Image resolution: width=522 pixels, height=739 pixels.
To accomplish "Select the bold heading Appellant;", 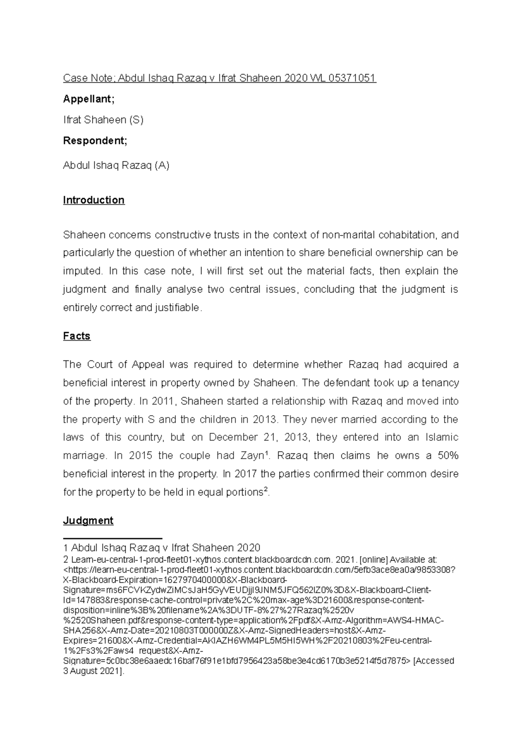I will tap(89, 99).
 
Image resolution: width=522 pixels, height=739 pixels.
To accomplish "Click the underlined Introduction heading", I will tap(94, 200).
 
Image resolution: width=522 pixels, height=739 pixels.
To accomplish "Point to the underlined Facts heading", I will tap(77, 336).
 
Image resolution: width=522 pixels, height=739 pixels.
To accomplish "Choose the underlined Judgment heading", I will tap(88, 521).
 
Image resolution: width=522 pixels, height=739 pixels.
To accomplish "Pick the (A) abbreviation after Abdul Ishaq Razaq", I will tap(162, 165).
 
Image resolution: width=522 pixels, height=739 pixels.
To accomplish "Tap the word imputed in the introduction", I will tap(83, 271).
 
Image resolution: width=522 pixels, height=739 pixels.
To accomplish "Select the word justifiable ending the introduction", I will tap(178, 308).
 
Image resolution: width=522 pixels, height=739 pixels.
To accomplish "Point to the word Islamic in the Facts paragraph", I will tap(441, 437).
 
